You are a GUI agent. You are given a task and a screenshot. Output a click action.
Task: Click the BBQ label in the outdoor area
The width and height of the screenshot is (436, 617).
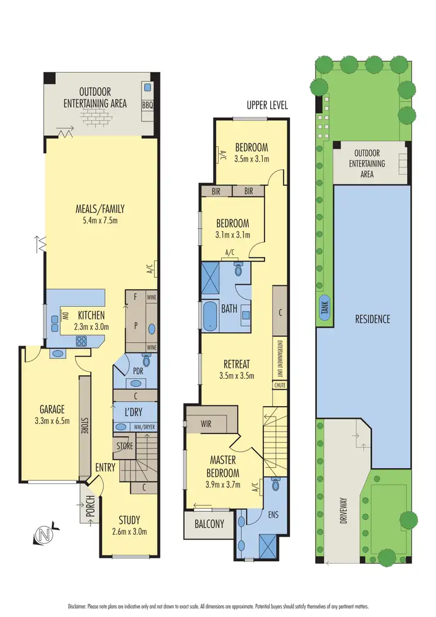click(147, 106)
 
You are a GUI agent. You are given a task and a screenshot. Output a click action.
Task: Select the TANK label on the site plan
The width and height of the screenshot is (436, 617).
click(324, 306)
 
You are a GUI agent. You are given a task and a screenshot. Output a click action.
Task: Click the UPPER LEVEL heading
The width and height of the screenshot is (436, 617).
click(267, 105)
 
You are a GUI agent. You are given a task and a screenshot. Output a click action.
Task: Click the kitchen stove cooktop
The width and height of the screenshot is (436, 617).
click(81, 342)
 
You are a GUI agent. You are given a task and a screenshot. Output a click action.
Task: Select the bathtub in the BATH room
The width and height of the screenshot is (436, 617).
click(209, 317)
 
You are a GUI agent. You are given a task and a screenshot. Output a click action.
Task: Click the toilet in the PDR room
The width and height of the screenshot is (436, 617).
click(146, 362)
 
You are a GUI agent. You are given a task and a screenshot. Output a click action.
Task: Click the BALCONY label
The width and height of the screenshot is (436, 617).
click(209, 523)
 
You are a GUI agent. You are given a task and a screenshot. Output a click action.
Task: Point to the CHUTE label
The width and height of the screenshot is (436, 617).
click(280, 385)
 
